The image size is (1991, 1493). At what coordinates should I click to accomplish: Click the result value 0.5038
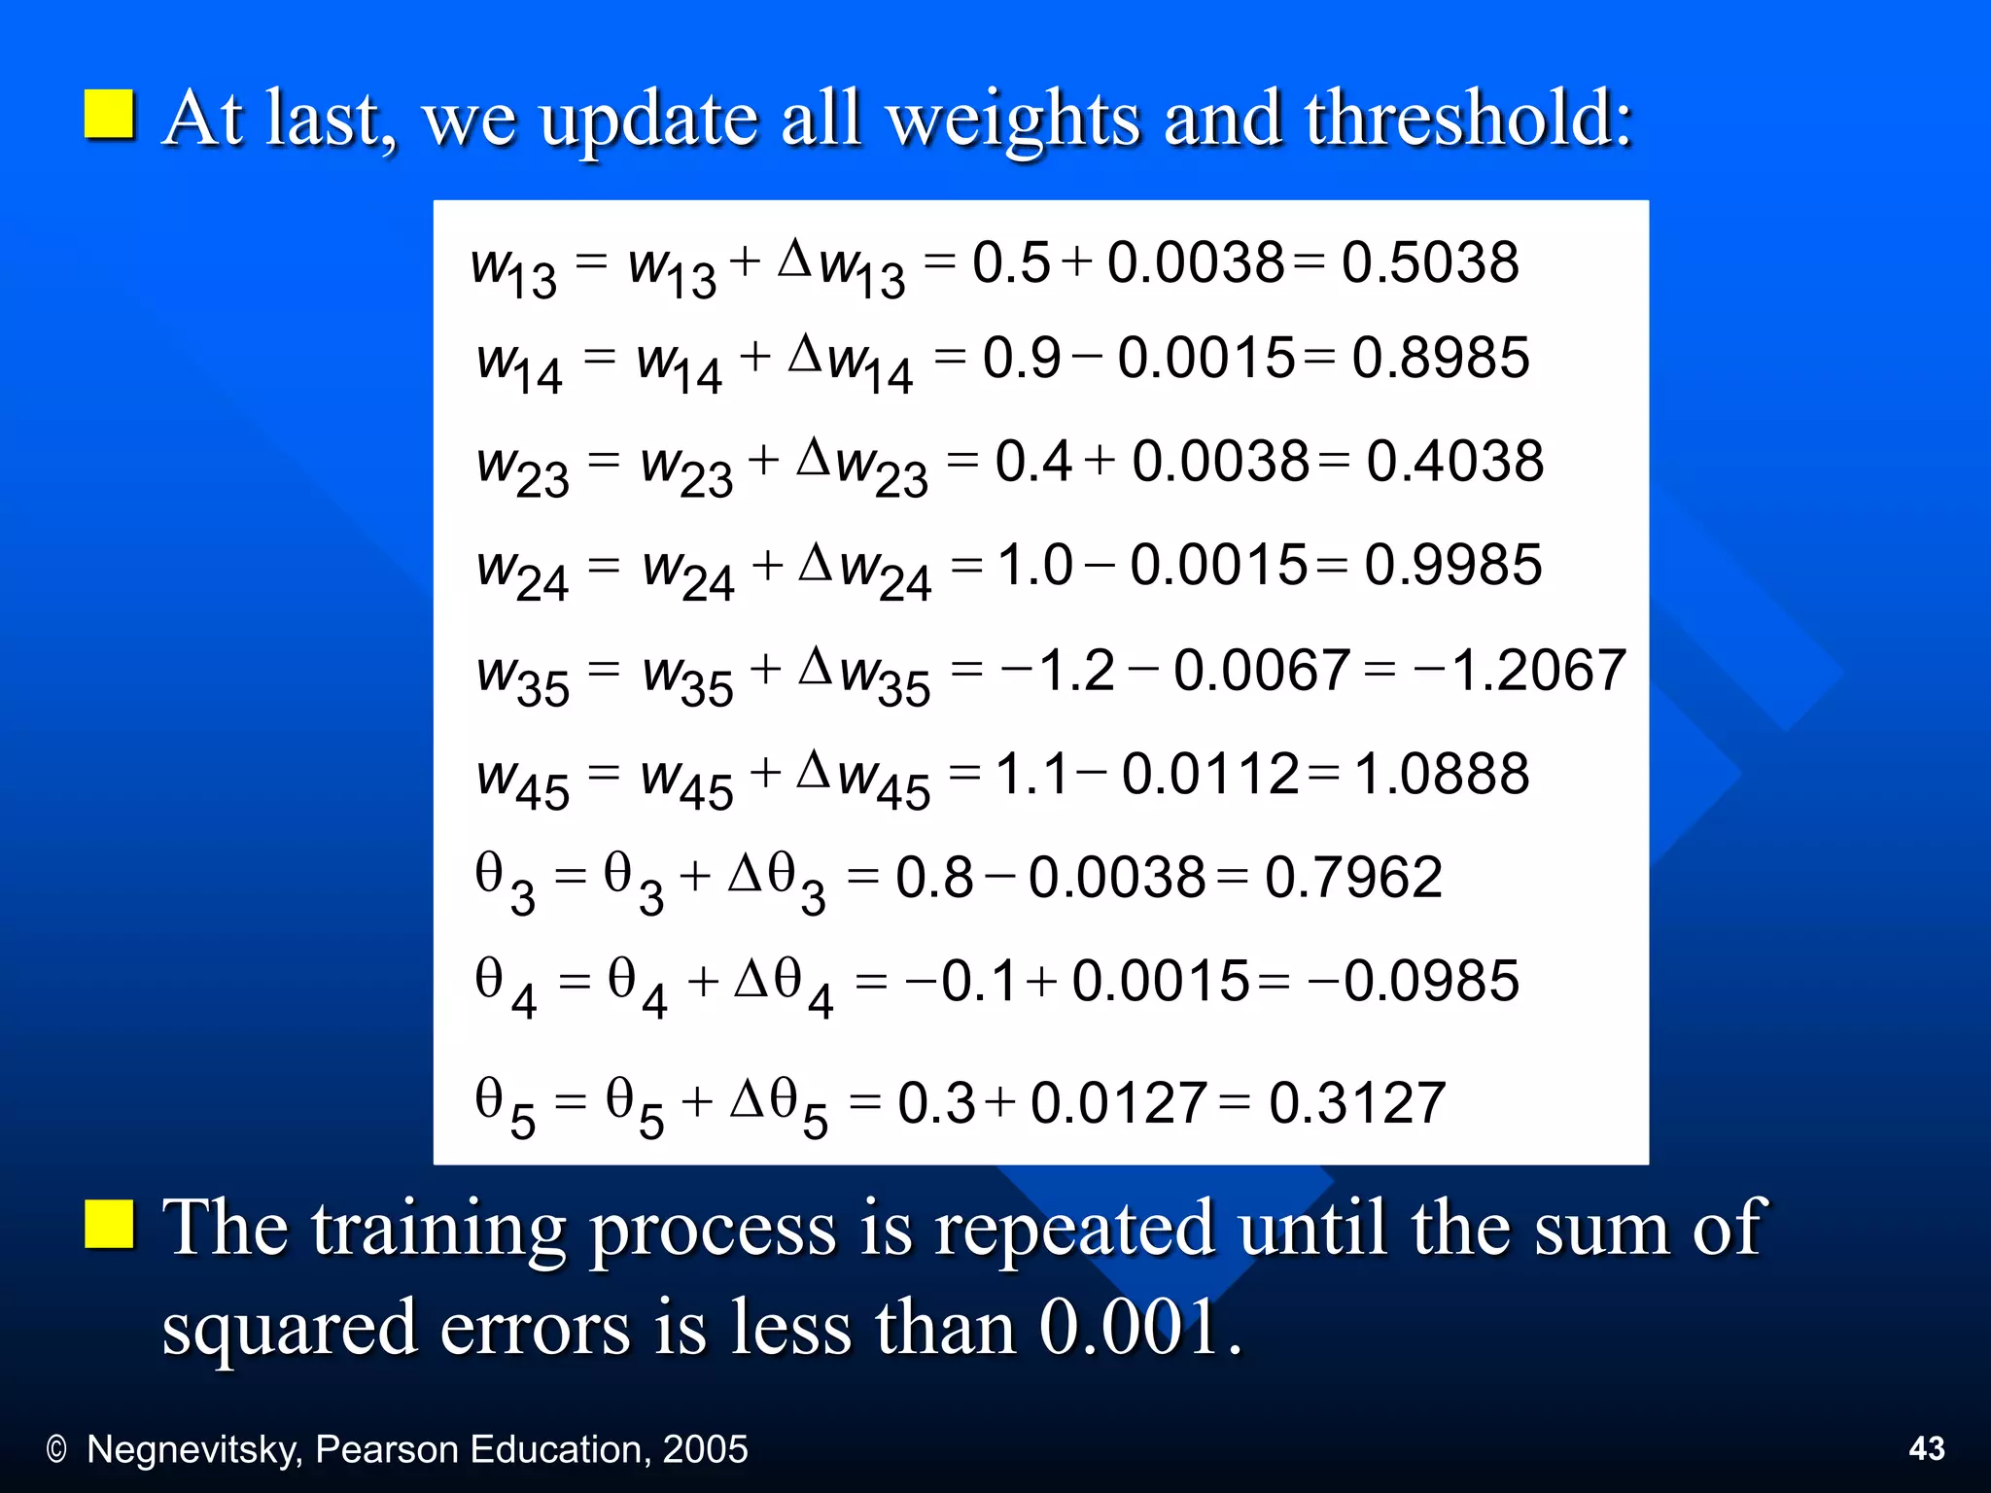1429,262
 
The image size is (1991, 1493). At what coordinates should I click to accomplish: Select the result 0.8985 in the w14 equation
1440,358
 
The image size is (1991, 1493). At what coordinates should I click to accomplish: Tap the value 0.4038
1454,461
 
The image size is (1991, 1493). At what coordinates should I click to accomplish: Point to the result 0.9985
1452,565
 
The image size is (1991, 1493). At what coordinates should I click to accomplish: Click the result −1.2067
1519,670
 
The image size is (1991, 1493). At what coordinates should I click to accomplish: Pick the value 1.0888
1441,775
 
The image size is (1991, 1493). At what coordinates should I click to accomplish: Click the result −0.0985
1414,981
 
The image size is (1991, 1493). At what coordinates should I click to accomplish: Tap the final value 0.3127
1357,1103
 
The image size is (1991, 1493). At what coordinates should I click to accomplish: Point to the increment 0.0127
1118,1103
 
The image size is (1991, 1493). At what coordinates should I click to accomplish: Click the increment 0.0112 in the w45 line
1209,775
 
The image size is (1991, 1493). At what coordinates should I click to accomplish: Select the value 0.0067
1261,670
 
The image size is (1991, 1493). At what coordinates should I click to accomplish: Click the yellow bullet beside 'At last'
109,116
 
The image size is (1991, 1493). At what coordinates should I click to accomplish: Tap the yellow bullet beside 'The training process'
109,1223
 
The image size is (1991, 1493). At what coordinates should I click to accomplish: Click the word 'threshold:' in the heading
1468,119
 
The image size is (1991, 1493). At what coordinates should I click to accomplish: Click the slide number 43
1927,1448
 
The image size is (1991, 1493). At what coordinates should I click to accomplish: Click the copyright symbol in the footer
56,1450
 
